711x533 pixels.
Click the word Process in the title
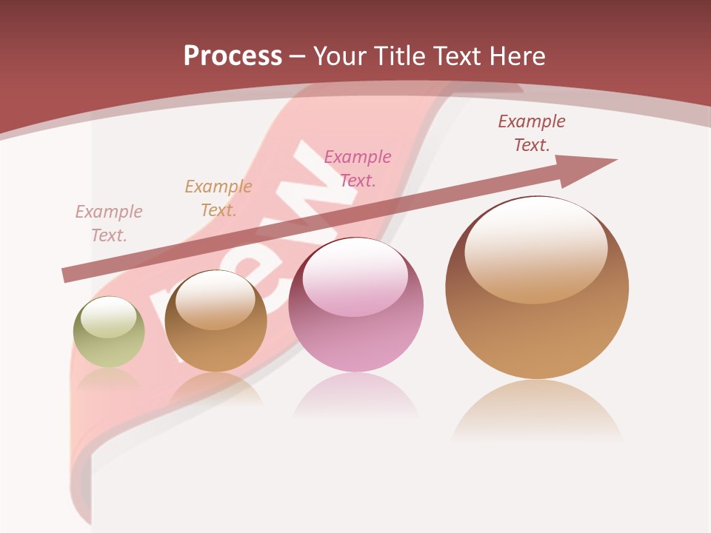click(233, 56)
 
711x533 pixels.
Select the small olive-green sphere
click(109, 332)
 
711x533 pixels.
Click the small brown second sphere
click(216, 321)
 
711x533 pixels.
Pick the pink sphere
click(356, 305)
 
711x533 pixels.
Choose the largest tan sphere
click(537, 288)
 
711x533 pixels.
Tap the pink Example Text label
click(358, 168)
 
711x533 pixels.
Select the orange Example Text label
click(218, 198)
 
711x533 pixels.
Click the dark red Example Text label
click(532, 133)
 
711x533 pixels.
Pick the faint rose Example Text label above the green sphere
click(109, 223)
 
